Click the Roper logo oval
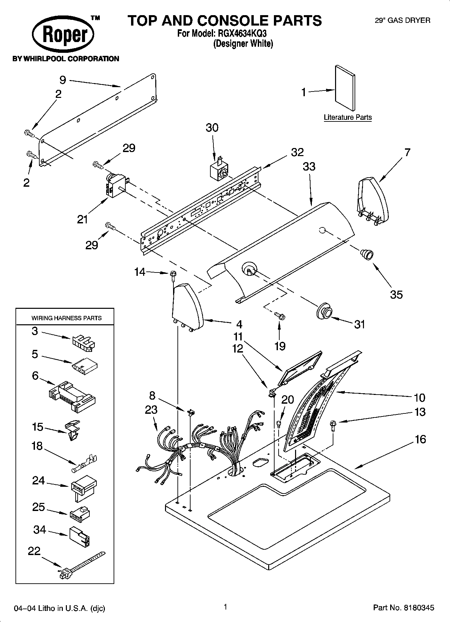click(x=63, y=34)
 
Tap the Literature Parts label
click(x=347, y=117)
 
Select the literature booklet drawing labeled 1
click(x=345, y=88)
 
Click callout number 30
click(x=212, y=128)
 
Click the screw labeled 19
click(x=280, y=316)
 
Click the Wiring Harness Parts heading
click(x=67, y=318)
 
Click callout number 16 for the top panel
click(x=420, y=439)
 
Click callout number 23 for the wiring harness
click(x=151, y=410)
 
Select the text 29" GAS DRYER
click(x=402, y=21)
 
